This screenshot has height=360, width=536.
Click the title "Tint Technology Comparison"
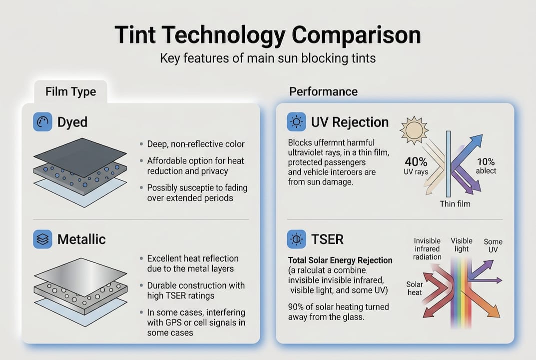pos(268,35)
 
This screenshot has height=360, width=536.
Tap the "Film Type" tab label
pos(70,92)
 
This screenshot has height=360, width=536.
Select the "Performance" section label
pos(323,91)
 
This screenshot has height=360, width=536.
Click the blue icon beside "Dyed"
pos(42,122)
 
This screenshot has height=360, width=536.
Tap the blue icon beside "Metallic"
pos(42,239)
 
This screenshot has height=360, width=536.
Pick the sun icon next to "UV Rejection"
pos(297,122)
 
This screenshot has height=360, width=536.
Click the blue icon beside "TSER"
pos(297,239)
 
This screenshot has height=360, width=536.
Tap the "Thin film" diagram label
pos(455,204)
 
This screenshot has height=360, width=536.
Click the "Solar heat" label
pos(415,288)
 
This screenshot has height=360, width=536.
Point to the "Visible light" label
pos(462,245)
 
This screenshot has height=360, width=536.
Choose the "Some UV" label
pos(493,245)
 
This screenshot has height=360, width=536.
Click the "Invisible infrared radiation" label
pos(428,249)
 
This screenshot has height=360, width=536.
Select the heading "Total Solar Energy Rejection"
pos(340,260)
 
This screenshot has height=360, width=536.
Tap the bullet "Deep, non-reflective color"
pos(196,144)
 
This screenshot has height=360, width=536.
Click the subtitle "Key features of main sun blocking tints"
pos(268,58)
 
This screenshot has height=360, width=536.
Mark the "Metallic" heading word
pos(81,239)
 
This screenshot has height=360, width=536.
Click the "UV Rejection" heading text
pos(350,122)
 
